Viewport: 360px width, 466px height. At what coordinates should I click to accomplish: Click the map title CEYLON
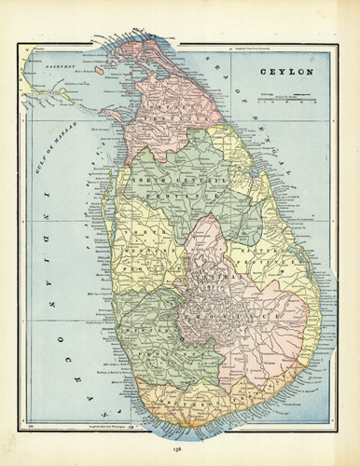tap(285, 71)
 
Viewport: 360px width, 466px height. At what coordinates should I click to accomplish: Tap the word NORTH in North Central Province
tap(147, 177)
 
